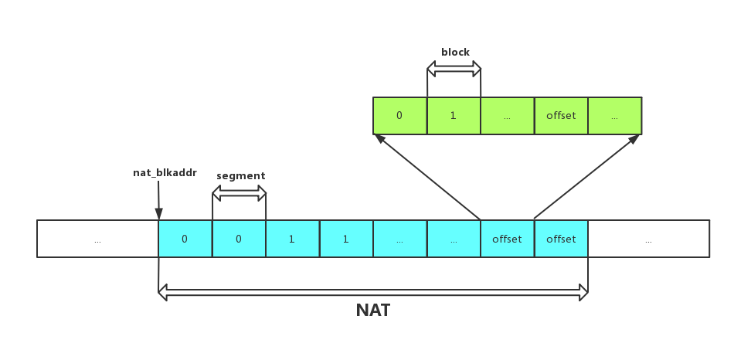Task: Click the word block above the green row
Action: point(455,52)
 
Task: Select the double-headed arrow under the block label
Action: point(454,70)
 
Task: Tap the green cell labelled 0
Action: point(399,116)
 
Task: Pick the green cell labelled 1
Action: point(454,116)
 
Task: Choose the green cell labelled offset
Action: point(561,116)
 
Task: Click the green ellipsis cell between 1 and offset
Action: point(507,116)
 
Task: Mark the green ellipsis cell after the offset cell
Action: point(614,116)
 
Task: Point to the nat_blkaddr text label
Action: point(164,173)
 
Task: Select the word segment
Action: point(240,175)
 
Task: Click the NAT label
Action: point(373,311)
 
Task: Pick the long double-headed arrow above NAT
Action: point(373,292)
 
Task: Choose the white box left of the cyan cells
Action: point(97,239)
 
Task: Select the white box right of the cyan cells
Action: point(648,239)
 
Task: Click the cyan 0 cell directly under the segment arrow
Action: point(239,239)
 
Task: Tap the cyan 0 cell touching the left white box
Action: point(185,239)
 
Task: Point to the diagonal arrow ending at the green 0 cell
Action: point(427,177)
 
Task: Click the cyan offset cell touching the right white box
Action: point(561,239)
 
